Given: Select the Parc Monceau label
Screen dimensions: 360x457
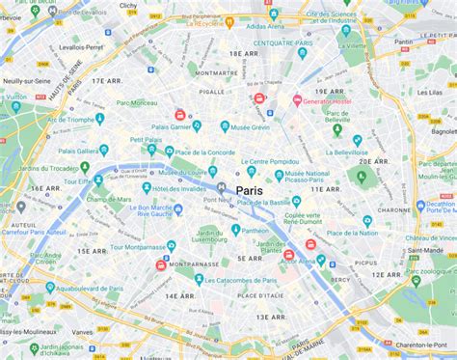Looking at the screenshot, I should pos(137,103).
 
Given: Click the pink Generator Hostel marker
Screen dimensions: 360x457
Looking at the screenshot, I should pos(297,100).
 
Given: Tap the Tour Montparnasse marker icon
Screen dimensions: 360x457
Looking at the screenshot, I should pos(171,246).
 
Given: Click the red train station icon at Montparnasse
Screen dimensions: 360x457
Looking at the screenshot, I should pos(161,264).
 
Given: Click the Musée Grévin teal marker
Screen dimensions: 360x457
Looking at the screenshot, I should pos(225,125).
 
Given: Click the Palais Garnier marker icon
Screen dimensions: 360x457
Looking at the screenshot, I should pos(197,125).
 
